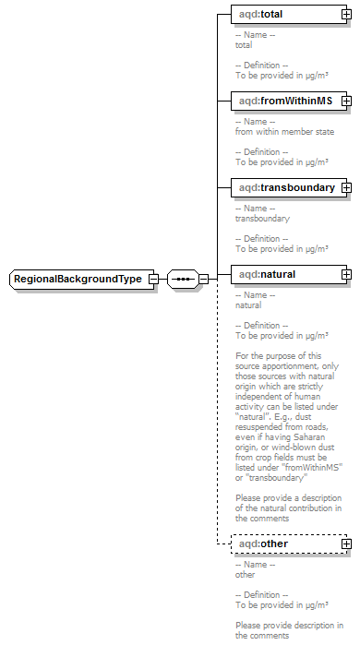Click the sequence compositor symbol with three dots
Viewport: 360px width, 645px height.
click(x=183, y=279)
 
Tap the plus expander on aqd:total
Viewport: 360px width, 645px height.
click(x=345, y=15)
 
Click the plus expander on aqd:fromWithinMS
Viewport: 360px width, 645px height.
click(x=345, y=101)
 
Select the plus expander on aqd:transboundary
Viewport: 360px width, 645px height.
click(x=345, y=188)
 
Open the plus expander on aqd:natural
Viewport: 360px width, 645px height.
click(x=345, y=274)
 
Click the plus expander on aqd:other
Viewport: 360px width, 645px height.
click(x=345, y=544)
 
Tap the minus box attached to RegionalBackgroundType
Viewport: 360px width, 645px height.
click(x=153, y=279)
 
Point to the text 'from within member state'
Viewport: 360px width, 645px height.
click(x=284, y=132)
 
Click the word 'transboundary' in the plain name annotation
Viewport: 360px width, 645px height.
click(x=262, y=219)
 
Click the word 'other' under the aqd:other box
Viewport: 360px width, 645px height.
click(x=245, y=575)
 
